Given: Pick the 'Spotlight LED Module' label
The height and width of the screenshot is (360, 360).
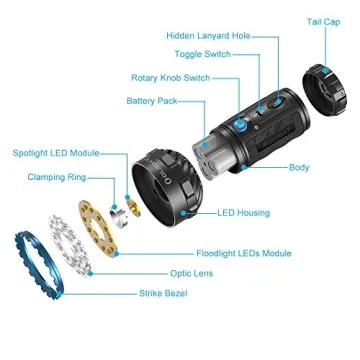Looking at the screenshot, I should pyautogui.click(x=56, y=153).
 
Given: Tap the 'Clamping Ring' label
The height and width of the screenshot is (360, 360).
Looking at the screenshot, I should pyautogui.click(x=55, y=177).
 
